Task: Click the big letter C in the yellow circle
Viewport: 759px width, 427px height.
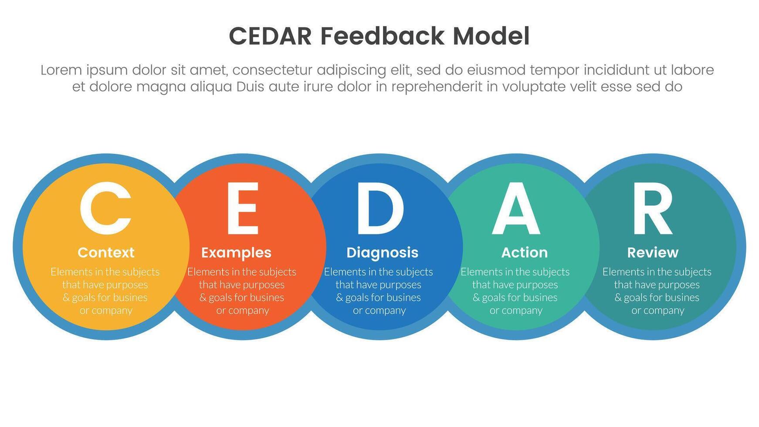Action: [x=105, y=208]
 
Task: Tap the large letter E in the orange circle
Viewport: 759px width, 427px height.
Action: [x=243, y=208]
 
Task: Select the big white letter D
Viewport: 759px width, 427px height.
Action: [x=379, y=208]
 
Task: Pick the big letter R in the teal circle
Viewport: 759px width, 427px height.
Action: [x=652, y=208]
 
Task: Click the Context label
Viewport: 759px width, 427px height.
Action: [x=106, y=253]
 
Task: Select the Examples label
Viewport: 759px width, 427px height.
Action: [x=236, y=253]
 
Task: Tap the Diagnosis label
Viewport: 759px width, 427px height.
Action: [x=382, y=253]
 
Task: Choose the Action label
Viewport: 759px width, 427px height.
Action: [x=524, y=253]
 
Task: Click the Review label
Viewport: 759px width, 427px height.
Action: [x=652, y=253]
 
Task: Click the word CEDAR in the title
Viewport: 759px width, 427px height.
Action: [x=270, y=36]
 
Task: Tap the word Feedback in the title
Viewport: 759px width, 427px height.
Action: [x=382, y=36]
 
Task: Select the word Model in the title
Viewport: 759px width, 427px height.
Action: [x=491, y=36]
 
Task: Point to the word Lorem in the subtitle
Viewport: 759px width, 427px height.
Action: [x=61, y=70]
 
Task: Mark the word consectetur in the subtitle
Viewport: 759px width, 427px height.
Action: [x=275, y=70]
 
